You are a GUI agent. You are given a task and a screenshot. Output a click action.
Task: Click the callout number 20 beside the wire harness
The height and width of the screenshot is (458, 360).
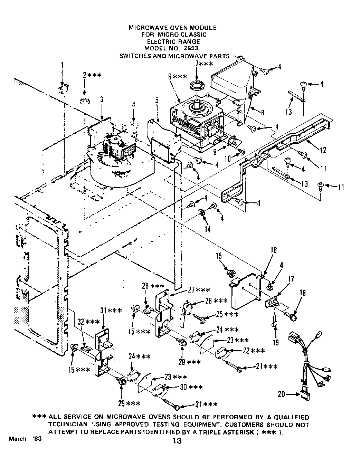(282, 393)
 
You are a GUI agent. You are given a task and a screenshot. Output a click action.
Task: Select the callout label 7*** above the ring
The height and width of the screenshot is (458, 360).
(204, 64)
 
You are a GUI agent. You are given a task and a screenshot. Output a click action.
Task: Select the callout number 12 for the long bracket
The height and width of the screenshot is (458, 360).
(323, 150)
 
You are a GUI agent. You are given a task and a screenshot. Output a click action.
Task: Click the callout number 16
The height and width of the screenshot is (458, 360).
(273, 250)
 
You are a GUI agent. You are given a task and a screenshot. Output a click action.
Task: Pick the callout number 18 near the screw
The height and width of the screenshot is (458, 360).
(303, 293)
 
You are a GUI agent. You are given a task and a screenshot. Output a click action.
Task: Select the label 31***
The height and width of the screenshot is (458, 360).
(111, 311)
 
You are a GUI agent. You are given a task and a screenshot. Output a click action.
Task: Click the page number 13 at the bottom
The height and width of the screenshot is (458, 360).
(176, 440)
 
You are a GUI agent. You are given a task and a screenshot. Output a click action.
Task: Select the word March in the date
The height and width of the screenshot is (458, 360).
(17, 439)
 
